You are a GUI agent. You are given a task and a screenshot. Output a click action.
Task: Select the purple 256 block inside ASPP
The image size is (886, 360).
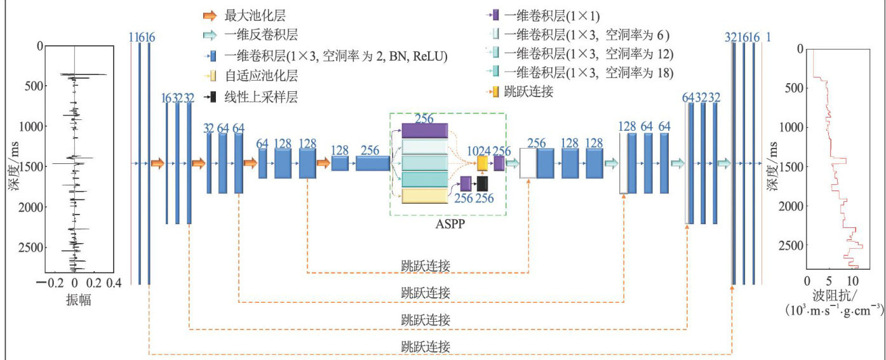[x=424, y=130]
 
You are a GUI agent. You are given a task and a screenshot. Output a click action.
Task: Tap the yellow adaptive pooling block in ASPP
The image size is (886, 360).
[x=424, y=196]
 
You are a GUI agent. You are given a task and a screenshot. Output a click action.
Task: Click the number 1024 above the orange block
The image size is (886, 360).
[x=480, y=151]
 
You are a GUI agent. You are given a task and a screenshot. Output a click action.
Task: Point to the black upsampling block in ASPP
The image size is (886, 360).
[x=483, y=183]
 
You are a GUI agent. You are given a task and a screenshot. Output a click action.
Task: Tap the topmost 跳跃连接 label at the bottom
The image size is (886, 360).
[x=426, y=265]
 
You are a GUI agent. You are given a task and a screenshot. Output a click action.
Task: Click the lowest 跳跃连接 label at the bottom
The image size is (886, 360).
[x=426, y=347]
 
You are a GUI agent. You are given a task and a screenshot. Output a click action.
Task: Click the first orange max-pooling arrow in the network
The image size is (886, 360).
[x=158, y=164]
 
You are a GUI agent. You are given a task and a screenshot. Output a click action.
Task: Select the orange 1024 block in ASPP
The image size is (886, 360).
[x=482, y=163]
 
